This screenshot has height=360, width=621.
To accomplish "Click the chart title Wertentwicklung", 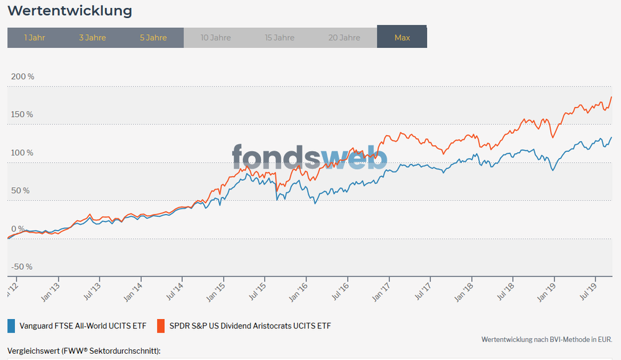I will pos(70,11).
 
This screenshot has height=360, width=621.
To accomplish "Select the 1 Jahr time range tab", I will pos(34,38).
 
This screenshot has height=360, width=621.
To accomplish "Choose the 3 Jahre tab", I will pos(92,38).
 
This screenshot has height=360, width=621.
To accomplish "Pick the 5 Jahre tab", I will pos(153,38).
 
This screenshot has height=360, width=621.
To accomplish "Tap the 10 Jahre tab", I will pos(216,38).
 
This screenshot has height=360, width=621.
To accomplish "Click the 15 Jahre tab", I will pos(280,38).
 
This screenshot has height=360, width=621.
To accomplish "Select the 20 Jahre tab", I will pos(344,38).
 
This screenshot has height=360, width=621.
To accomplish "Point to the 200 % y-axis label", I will pos(22,76).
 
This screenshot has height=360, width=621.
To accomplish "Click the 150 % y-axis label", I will pos(22,114).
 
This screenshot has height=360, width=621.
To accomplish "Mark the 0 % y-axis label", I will pos(18,229).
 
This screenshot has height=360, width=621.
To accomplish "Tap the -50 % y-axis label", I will pos(22,267).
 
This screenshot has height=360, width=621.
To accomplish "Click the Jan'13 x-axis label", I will pos(51,292).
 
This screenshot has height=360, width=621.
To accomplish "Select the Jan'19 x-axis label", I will pos(546,292).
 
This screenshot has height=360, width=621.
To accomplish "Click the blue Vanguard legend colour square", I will pos(11,326).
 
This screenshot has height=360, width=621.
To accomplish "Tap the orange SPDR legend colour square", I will pos(160,326).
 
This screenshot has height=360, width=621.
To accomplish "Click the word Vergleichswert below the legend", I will pos(33,351).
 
